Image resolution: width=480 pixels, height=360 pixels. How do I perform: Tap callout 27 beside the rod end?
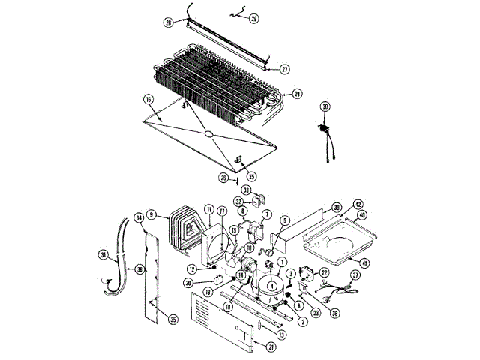[284, 70]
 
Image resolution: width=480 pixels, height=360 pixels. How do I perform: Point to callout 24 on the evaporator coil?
[298, 94]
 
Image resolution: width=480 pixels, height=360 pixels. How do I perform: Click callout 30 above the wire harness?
[325, 106]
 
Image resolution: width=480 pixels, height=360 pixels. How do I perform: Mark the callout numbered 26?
[223, 178]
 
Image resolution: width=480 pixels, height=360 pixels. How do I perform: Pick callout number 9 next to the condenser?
[152, 215]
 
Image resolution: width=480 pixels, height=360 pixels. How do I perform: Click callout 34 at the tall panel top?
[139, 218]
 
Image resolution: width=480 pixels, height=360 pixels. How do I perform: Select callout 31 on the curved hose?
[103, 255]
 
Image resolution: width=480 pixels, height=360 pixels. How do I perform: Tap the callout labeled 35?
[173, 319]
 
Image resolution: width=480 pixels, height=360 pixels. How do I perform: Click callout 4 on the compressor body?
[271, 286]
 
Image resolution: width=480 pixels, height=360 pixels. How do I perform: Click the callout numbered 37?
[355, 276]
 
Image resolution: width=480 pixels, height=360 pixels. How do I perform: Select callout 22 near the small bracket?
[324, 272]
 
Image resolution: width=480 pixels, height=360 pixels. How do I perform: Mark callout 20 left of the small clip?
[188, 282]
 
